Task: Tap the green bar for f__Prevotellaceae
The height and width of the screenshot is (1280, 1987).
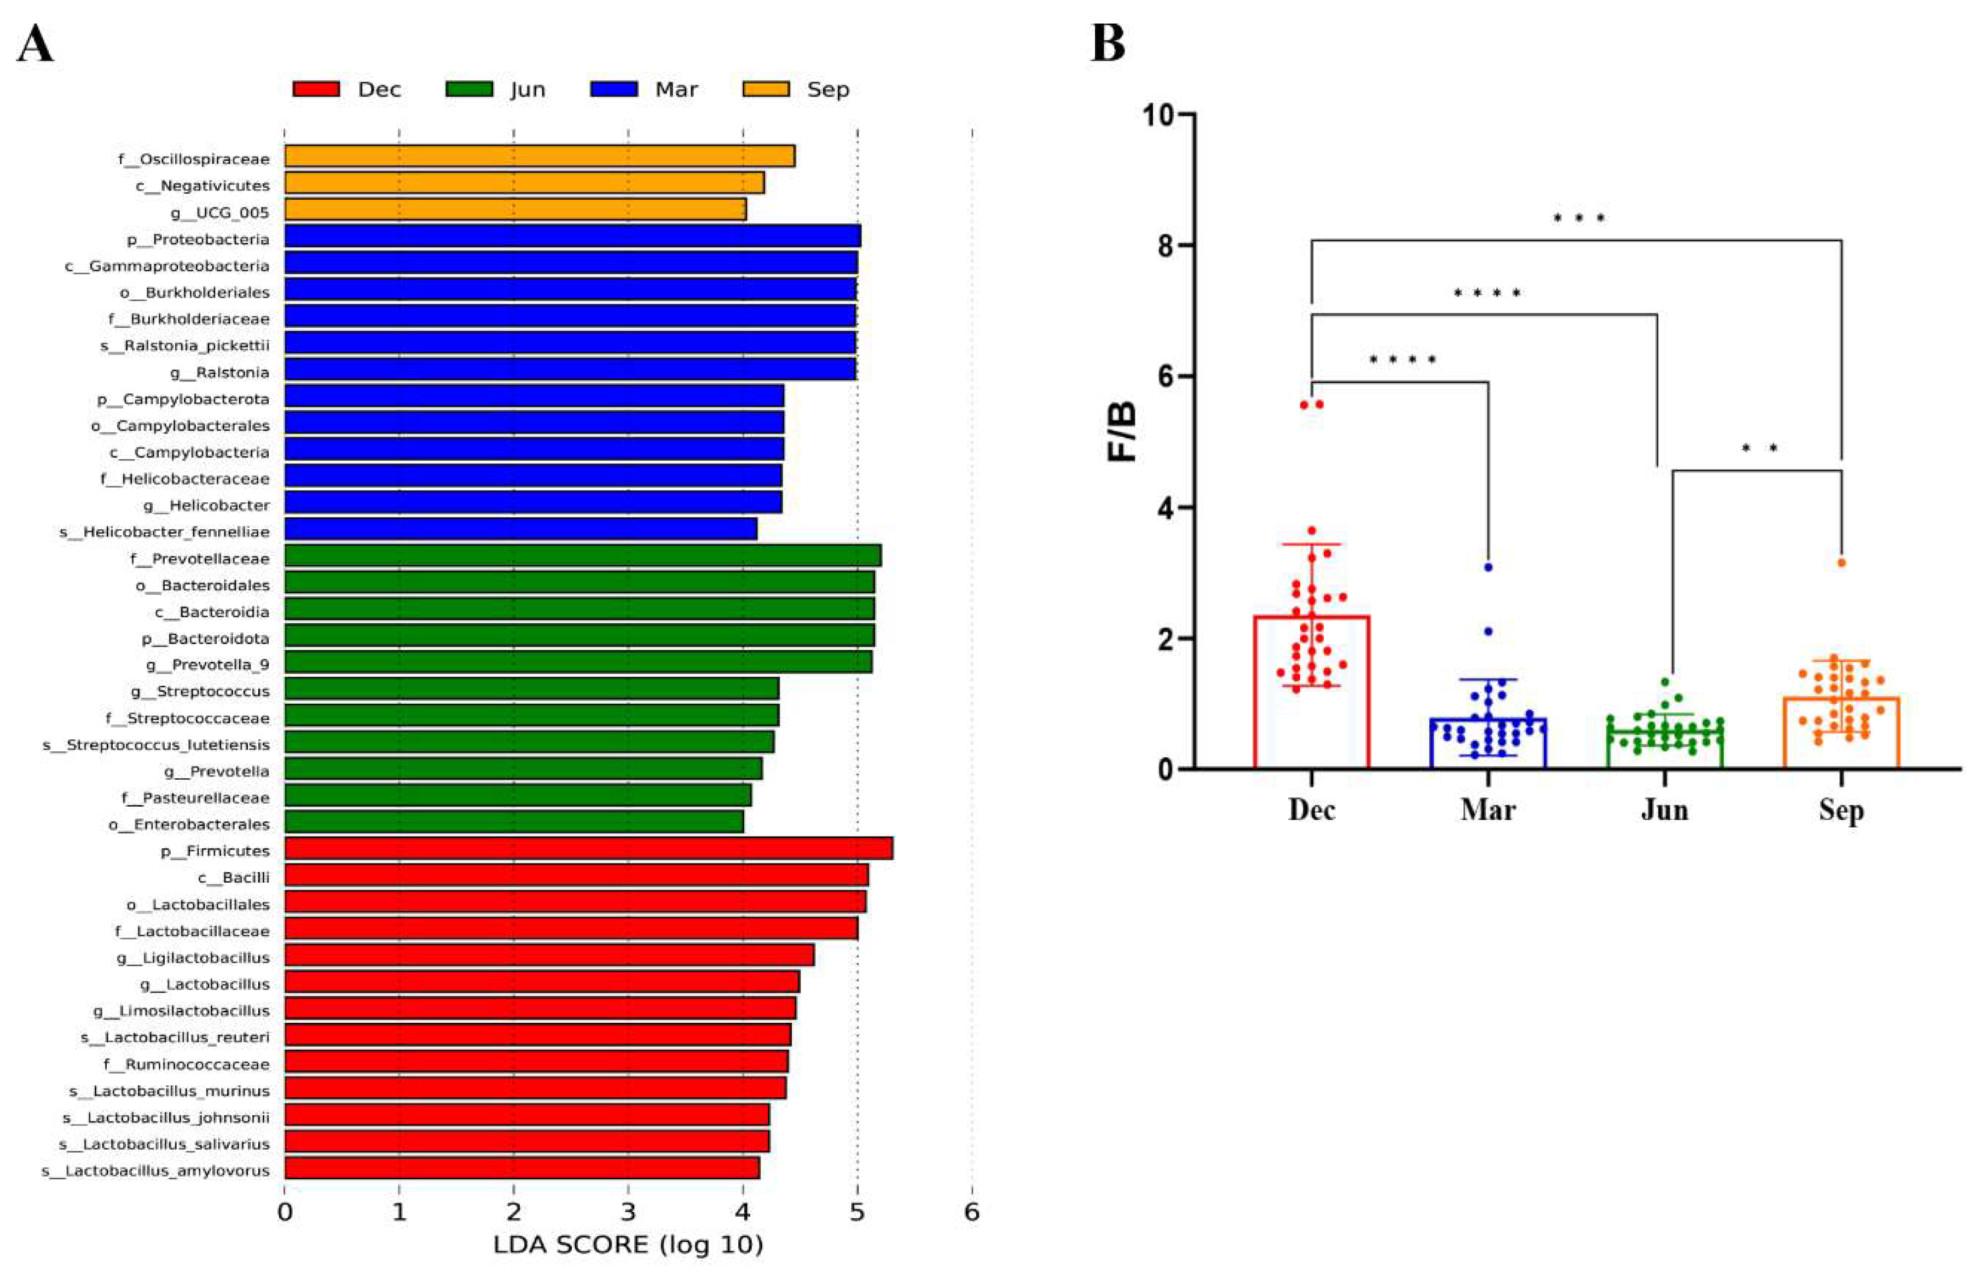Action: pyautogui.click(x=582, y=556)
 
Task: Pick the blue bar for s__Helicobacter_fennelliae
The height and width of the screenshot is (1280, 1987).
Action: pyautogui.click(x=520, y=529)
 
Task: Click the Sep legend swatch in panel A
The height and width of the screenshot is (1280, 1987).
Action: pyautogui.click(x=766, y=89)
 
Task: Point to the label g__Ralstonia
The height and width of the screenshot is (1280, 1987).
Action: pyautogui.click(x=219, y=372)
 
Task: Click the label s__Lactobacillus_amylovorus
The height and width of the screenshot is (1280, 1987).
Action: pyautogui.click(x=155, y=1171)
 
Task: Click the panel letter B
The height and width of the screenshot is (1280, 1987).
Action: pyautogui.click(x=1107, y=43)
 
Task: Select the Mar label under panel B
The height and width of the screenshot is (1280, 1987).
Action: pyautogui.click(x=1487, y=809)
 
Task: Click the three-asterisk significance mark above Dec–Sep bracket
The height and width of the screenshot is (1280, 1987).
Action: pyautogui.click(x=1578, y=219)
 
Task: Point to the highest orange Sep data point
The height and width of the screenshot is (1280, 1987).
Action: pyautogui.click(x=1841, y=563)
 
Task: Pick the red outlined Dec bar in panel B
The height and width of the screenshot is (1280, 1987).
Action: pyautogui.click(x=1311, y=692)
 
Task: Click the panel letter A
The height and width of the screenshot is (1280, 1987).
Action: pyautogui.click(x=35, y=43)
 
